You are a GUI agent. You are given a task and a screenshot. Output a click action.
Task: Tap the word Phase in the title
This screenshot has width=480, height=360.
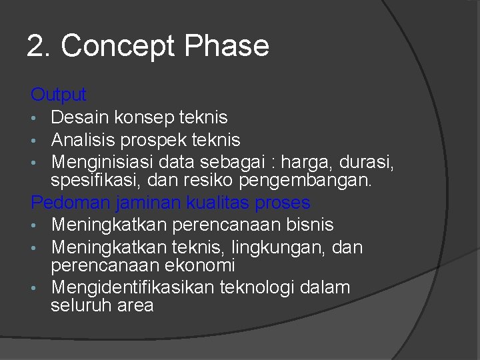227,46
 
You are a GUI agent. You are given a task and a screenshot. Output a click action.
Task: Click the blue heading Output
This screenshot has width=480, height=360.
59,95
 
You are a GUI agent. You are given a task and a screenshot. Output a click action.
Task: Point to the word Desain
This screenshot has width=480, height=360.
81,117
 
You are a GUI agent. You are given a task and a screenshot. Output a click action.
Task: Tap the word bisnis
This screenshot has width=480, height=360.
305,225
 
